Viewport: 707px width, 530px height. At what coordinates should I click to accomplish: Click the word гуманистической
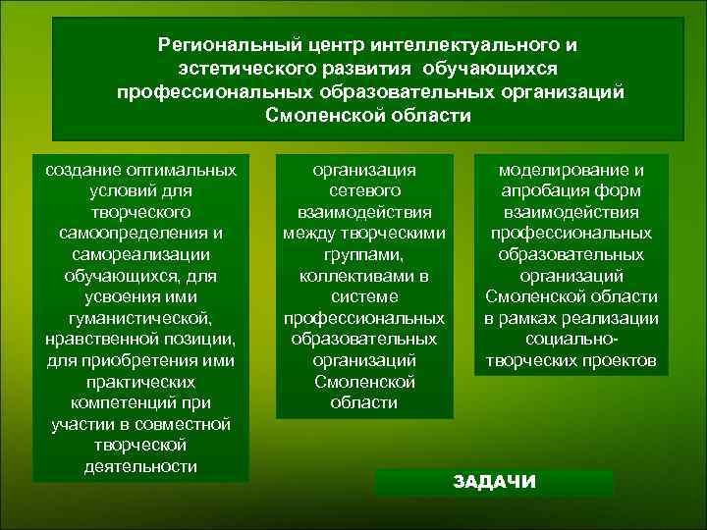click(140, 318)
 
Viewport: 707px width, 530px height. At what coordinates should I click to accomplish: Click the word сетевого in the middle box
click(364, 190)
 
